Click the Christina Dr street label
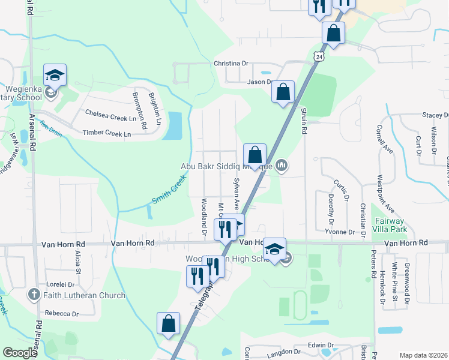point(231,63)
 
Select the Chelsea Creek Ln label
point(111,112)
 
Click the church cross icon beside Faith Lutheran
point(34,295)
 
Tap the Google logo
point(20,353)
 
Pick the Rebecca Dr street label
point(62,314)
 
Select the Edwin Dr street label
point(320,345)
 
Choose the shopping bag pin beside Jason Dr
point(283,93)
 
